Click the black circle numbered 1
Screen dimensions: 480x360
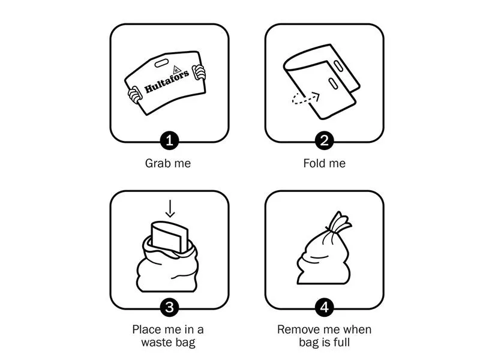click(x=169, y=141)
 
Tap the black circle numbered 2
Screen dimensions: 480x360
click(x=324, y=141)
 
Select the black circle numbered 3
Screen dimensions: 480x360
click(x=169, y=307)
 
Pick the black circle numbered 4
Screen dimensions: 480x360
click(x=324, y=307)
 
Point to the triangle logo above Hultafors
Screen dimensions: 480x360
click(x=176, y=70)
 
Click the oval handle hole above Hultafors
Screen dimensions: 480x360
click(x=161, y=63)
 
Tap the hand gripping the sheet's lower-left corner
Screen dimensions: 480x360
click(x=134, y=95)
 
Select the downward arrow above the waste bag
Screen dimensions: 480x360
click(x=170, y=208)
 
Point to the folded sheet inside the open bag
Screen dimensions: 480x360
click(x=169, y=236)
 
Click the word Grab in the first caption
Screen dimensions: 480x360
click(x=155, y=163)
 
